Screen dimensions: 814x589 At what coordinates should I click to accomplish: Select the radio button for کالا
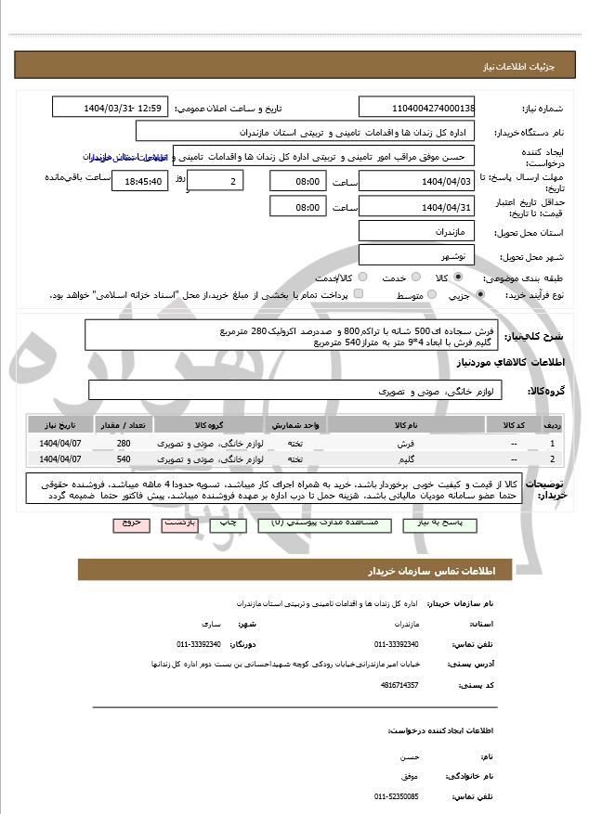[x=458, y=278]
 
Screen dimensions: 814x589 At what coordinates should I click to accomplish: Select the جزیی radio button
[x=479, y=295]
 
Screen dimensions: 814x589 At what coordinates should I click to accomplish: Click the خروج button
[x=130, y=523]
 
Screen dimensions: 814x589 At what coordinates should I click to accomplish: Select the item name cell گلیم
[x=400, y=459]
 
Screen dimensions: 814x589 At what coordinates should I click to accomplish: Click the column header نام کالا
[x=400, y=424]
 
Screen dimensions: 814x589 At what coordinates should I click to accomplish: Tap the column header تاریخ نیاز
[x=60, y=424]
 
